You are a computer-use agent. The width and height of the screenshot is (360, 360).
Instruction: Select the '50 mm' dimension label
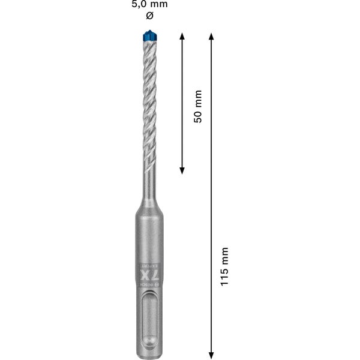[198, 106]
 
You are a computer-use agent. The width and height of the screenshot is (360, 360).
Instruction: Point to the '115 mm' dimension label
[224, 266]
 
